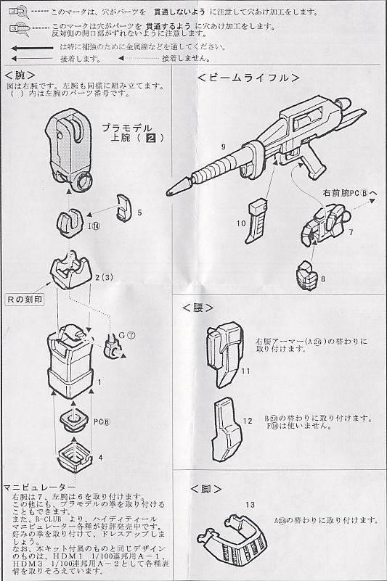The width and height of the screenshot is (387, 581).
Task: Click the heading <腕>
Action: [20, 75]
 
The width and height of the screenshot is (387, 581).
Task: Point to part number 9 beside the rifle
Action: [223, 147]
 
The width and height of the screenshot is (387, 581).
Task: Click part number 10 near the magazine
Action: [241, 224]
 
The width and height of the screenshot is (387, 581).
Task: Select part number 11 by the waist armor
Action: [246, 371]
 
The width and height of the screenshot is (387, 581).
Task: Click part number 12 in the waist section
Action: [248, 421]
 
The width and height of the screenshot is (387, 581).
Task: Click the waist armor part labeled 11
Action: [221, 353]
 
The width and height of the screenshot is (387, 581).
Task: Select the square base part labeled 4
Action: [76, 456]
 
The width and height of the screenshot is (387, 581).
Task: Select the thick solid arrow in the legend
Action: [33, 46]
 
